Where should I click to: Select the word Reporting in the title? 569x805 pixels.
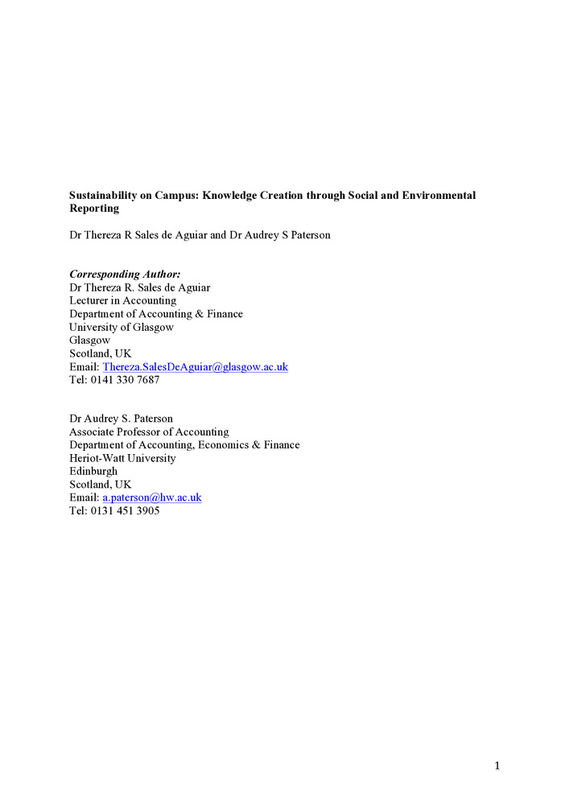click(94, 208)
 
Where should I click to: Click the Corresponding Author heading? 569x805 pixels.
click(125, 275)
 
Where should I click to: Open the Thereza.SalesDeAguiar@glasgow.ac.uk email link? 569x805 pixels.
click(195, 367)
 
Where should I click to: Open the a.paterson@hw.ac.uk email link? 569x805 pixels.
click(151, 497)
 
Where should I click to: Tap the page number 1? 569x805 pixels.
click(497, 766)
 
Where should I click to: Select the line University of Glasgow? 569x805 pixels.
click(122, 327)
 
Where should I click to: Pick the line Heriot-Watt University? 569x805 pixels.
click(122, 458)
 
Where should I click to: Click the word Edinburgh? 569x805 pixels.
click(93, 471)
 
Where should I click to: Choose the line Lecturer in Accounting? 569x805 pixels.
click(122, 301)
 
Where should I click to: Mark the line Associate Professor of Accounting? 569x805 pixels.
click(149, 431)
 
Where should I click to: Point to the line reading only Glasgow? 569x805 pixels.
click(90, 341)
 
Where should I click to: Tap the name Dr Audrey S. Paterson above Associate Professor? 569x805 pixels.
click(121, 419)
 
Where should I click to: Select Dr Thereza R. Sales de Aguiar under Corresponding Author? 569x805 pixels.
click(140, 287)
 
